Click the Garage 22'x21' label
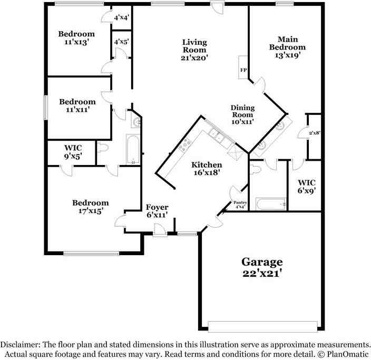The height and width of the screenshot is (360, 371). [x=262, y=267]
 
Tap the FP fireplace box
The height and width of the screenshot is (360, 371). [x=243, y=70]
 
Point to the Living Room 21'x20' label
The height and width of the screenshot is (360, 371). [x=194, y=50]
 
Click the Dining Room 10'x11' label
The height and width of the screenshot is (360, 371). [x=242, y=114]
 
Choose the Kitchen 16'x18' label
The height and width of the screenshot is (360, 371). [x=206, y=168]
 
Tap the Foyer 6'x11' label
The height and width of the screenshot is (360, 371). [x=157, y=211]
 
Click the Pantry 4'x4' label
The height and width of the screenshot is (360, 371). [x=240, y=205]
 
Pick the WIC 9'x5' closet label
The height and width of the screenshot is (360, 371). [x=72, y=152]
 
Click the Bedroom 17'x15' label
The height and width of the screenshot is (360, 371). [x=91, y=206]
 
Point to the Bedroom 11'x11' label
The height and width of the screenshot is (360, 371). [x=77, y=105]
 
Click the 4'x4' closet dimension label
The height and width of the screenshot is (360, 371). [x=122, y=17]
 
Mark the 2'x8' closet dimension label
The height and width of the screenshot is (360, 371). [x=315, y=133]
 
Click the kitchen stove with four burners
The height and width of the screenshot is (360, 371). [x=185, y=143]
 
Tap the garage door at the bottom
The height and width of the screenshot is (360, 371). [x=263, y=325]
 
